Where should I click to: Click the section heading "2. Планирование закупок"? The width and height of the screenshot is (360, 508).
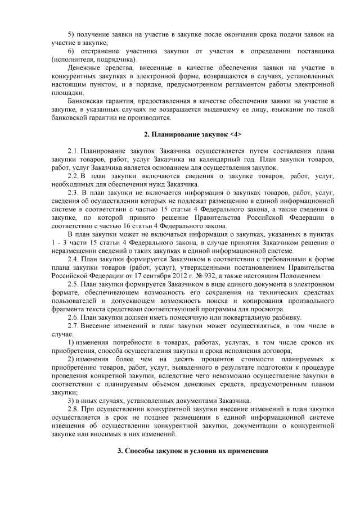coord(178,135)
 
